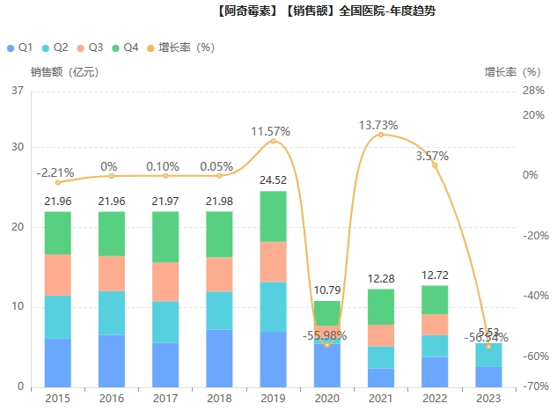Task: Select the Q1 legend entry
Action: coord(20,47)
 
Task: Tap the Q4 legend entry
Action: coord(124,47)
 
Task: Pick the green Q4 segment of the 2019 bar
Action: coord(273,217)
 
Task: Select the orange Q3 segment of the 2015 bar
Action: coord(57,275)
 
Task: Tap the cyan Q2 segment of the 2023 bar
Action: coord(488,355)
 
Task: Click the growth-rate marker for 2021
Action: coord(381,135)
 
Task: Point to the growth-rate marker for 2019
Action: coord(273,141)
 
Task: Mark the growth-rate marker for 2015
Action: coord(57,182)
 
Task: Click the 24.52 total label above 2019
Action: coord(273,180)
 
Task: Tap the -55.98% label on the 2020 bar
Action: coord(326,335)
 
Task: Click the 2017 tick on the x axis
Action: coord(165,398)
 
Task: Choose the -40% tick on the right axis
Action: coord(534,296)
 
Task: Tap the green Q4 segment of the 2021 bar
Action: coord(381,306)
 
